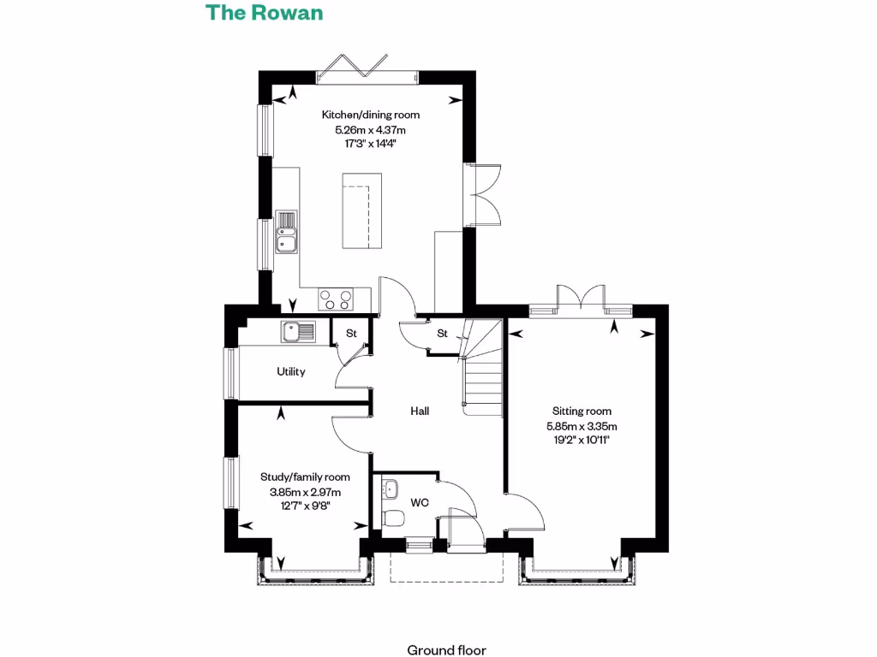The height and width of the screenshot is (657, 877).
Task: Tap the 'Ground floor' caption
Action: click(x=446, y=650)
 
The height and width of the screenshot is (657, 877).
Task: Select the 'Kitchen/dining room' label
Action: click(x=370, y=115)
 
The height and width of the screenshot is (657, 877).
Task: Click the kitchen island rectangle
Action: click(x=359, y=210)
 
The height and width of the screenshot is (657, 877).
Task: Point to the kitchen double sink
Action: click(x=286, y=233)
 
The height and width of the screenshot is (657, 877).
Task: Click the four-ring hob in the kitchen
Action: click(x=336, y=299)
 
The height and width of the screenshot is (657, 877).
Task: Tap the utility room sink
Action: click(x=298, y=330)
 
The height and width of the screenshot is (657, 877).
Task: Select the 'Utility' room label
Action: click(x=291, y=372)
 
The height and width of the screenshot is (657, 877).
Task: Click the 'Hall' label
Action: click(x=420, y=411)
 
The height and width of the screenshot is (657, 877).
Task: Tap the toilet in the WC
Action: click(x=394, y=518)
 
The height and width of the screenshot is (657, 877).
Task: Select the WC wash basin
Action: click(x=391, y=488)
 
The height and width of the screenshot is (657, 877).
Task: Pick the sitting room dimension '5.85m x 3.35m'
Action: click(x=582, y=426)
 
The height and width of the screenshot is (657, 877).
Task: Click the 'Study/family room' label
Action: click(x=305, y=477)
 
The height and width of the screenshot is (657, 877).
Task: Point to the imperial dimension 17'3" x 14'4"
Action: click(x=370, y=145)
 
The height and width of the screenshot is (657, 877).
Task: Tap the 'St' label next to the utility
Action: click(x=351, y=334)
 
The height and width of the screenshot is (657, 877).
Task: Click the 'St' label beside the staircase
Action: click(x=442, y=333)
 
